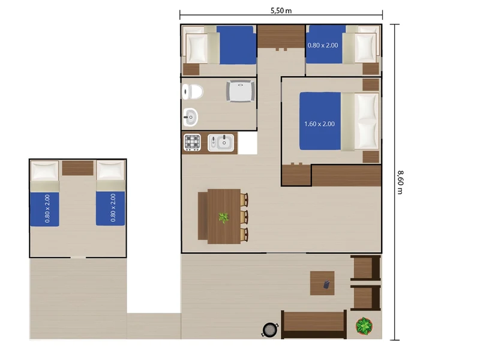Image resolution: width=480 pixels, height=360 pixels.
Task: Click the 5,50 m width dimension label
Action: pyautogui.click(x=281, y=11)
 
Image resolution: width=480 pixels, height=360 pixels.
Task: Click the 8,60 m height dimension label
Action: pyautogui.click(x=400, y=182)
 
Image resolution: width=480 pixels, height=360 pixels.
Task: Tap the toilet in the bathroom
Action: pyautogui.click(x=193, y=92)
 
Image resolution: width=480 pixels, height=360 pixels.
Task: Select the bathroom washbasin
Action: pyautogui.click(x=190, y=117)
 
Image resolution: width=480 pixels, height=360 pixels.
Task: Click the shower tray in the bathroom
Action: pyautogui.click(x=241, y=91)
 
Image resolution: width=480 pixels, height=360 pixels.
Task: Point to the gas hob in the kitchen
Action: pyautogui.click(x=192, y=143)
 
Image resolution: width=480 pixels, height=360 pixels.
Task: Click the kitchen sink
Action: pyautogui.click(x=221, y=143)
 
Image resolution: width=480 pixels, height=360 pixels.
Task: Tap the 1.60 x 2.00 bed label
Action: pyautogui.click(x=319, y=124)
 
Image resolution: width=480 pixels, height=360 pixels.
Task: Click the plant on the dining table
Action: pyautogui.click(x=224, y=218)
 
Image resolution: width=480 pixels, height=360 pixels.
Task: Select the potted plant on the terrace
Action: pyautogui.click(x=364, y=326)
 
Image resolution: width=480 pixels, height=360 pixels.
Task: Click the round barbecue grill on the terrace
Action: pyautogui.click(x=269, y=329)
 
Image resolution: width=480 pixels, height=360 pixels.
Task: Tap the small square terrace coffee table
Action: pyautogui.click(x=322, y=283)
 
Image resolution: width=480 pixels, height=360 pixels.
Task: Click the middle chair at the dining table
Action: pyautogui.click(x=244, y=217)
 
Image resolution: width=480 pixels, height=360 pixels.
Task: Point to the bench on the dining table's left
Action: pyautogui.click(x=203, y=216)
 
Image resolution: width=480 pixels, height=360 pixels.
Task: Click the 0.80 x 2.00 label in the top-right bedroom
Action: pyautogui.click(x=323, y=46)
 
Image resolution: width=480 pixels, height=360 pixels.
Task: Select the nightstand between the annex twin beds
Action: pyautogui.click(x=78, y=168)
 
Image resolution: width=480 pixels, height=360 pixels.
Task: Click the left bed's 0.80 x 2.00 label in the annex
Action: pyautogui.click(x=47, y=209)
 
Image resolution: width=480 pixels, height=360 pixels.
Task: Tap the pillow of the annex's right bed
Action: pyautogui.click(x=110, y=170)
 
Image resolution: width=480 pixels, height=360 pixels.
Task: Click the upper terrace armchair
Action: pyautogui.click(x=365, y=268)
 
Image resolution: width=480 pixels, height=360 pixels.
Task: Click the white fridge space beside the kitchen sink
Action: pyautogui.click(x=247, y=143)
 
